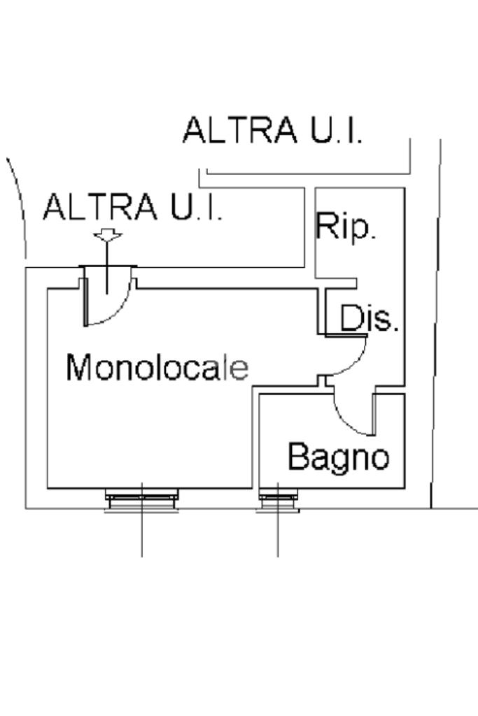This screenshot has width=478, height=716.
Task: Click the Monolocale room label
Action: [x=157, y=367]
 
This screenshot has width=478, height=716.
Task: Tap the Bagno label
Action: [x=339, y=457]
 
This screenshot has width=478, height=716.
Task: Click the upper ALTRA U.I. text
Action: [x=273, y=130]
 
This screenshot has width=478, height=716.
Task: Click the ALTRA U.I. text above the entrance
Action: [x=132, y=207]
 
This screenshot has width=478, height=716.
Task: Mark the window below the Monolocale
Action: [x=141, y=499]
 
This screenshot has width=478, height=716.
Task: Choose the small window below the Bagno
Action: [x=278, y=500]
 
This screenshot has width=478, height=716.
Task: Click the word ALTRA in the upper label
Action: [x=240, y=130]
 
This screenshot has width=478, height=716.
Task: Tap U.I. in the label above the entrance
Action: [x=197, y=207]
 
